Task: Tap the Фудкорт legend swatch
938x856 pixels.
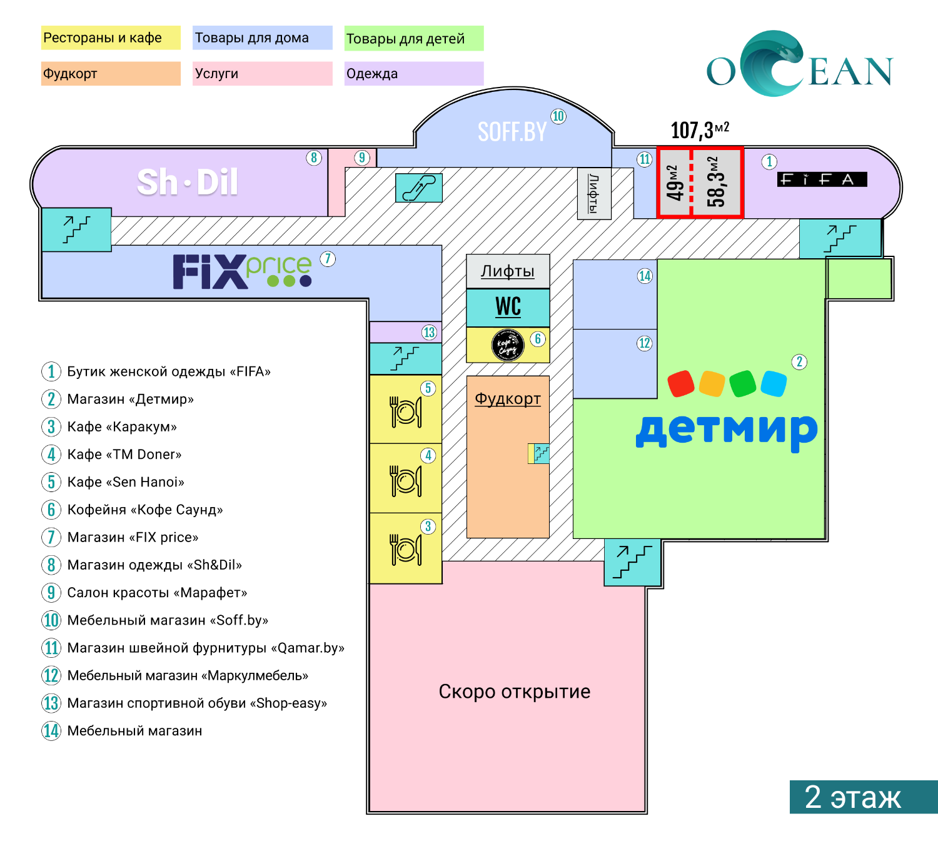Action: (x=111, y=73)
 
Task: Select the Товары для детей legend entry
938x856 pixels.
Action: (x=414, y=38)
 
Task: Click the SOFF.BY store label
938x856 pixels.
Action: (x=512, y=132)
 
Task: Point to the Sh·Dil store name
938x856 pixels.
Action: (x=187, y=181)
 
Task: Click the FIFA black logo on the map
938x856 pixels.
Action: (x=822, y=179)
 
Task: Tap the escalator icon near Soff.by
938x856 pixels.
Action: (x=418, y=188)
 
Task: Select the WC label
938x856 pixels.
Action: (x=508, y=307)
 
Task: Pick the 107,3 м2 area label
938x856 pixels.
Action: (x=700, y=130)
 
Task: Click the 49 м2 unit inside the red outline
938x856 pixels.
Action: (x=674, y=183)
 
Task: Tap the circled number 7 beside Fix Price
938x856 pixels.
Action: (x=328, y=259)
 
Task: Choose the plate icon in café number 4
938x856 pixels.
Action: (x=405, y=480)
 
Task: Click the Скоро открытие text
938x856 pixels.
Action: (x=515, y=692)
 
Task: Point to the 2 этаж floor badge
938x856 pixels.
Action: (x=864, y=797)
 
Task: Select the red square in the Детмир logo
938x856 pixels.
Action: (x=681, y=383)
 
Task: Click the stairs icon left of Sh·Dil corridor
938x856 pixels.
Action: (x=77, y=229)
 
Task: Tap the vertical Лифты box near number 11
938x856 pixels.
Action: (x=594, y=194)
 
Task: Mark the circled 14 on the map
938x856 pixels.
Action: (x=645, y=276)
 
